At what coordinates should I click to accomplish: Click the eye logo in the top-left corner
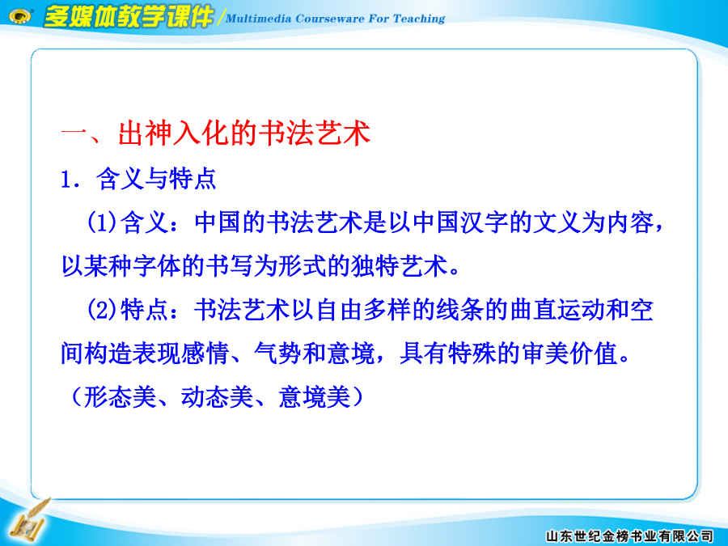pyautogui.click(x=20, y=17)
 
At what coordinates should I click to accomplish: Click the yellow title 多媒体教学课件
pyautogui.click(x=128, y=17)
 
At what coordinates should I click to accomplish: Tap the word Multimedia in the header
pyautogui.click(x=259, y=19)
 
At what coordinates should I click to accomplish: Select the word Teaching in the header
pyautogui.click(x=419, y=19)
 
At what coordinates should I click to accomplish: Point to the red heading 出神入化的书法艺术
pyautogui.click(x=244, y=133)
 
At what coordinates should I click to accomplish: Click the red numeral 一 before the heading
pyautogui.click(x=74, y=134)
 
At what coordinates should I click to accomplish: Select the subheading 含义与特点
pyautogui.click(x=156, y=179)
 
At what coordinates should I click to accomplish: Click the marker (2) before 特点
pyautogui.click(x=102, y=310)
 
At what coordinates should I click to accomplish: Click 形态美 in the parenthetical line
pyautogui.click(x=120, y=397)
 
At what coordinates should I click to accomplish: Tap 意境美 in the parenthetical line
pyautogui.click(x=315, y=397)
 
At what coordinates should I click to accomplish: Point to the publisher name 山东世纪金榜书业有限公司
pyautogui.click(x=629, y=536)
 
